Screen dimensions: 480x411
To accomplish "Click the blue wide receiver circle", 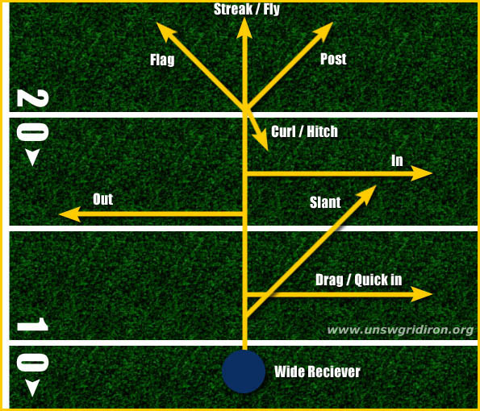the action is click(x=244, y=372).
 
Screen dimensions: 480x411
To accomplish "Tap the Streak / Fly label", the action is click(x=247, y=9).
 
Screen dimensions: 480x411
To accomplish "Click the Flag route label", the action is click(x=162, y=60).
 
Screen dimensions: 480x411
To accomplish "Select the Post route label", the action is click(x=333, y=59).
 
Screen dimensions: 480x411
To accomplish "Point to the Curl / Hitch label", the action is click(x=305, y=131).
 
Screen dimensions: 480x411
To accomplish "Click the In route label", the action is click(x=397, y=160).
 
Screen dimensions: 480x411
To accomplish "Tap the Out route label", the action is click(x=103, y=199).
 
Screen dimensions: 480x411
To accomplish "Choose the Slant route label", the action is click(x=325, y=202).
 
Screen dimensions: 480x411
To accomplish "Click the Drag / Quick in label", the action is click(x=358, y=280).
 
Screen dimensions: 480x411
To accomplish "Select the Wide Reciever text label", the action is click(x=317, y=372).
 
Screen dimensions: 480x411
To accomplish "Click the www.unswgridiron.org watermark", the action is click(x=400, y=330).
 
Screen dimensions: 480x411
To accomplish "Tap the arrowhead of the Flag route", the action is click(x=165, y=31).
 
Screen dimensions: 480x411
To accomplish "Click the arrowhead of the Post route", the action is click(x=323, y=31).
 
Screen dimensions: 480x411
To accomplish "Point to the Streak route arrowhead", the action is click(x=244, y=27).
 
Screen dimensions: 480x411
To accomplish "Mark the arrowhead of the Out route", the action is click(x=69, y=214).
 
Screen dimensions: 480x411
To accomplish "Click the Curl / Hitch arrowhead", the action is click(x=263, y=141).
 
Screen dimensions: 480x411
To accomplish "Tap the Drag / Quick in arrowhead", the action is click(x=421, y=294).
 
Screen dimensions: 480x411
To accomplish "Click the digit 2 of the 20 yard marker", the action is click(x=32, y=98).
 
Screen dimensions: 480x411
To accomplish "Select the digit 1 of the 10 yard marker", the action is click(x=32, y=324).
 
